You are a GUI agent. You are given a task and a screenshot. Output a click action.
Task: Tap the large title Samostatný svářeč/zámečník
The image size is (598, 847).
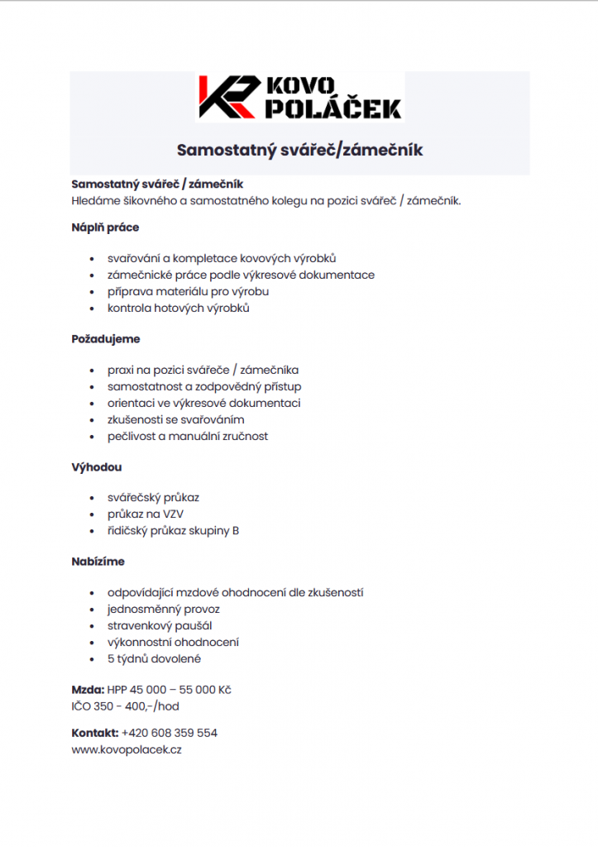(x=299, y=150)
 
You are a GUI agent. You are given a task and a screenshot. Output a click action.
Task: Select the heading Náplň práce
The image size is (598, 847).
(x=105, y=227)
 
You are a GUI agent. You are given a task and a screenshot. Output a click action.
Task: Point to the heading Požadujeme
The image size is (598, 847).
(x=106, y=338)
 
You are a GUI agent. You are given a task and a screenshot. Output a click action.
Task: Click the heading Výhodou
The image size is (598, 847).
(x=97, y=467)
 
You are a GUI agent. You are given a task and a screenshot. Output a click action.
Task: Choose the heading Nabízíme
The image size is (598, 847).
(x=98, y=561)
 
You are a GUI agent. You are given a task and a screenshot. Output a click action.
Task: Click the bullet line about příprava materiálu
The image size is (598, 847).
(x=188, y=291)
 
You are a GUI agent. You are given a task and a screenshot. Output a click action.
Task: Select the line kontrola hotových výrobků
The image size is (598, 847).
(x=178, y=308)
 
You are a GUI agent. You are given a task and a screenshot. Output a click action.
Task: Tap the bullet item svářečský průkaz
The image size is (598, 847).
(x=153, y=497)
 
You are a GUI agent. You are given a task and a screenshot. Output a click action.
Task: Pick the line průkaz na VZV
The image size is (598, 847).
(x=146, y=514)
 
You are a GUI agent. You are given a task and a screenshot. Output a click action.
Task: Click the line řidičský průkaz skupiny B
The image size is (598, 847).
(x=173, y=530)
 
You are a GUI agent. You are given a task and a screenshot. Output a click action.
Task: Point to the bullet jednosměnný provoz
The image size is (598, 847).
(x=163, y=609)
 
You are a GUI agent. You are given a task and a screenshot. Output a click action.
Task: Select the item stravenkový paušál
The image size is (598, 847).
(x=160, y=625)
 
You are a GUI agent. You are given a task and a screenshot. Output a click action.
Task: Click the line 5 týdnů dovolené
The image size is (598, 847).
(x=154, y=658)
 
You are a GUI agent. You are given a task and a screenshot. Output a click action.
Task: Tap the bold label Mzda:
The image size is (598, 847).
(x=88, y=690)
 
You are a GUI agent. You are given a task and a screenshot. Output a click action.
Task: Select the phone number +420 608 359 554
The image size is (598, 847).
(x=170, y=733)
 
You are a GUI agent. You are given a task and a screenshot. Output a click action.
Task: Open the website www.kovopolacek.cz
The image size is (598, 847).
(x=127, y=749)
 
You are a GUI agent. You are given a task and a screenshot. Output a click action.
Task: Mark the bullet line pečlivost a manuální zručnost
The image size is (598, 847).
(x=187, y=436)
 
